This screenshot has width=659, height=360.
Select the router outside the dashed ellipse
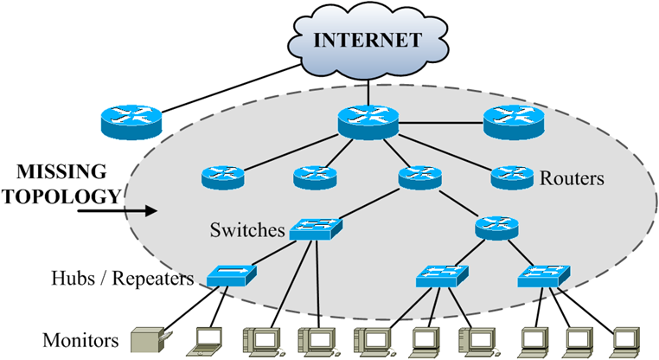coord(129,122)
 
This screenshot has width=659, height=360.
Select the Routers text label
coord(572,179)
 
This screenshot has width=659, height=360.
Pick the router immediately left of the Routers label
coord(513,177)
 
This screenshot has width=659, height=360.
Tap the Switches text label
coord(246,230)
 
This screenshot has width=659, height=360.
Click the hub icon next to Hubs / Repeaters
coord(231,276)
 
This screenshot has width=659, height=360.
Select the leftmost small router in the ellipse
coord(223,177)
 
